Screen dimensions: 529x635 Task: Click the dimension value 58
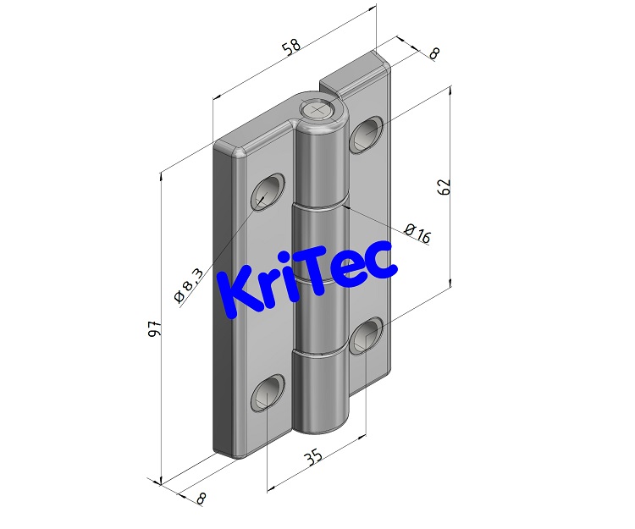[x=291, y=48]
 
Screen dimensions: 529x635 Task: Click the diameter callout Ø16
[x=417, y=234]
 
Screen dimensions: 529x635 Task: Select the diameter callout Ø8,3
[x=188, y=284]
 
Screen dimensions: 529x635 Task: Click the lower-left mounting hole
[x=267, y=394]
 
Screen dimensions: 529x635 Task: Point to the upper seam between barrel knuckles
[x=320, y=206]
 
